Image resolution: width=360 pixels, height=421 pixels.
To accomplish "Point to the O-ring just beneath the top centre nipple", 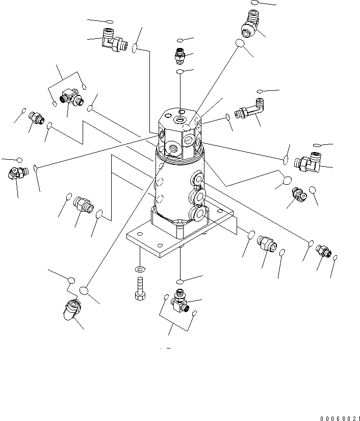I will [x=180, y=72].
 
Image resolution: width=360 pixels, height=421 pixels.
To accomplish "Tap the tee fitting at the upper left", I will [x=70, y=97].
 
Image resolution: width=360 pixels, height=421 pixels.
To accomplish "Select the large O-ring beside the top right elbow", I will [x=240, y=44].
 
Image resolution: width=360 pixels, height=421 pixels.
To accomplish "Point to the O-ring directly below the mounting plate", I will [x=181, y=281].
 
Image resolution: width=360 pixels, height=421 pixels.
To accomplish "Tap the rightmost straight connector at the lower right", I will [x=322, y=250].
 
